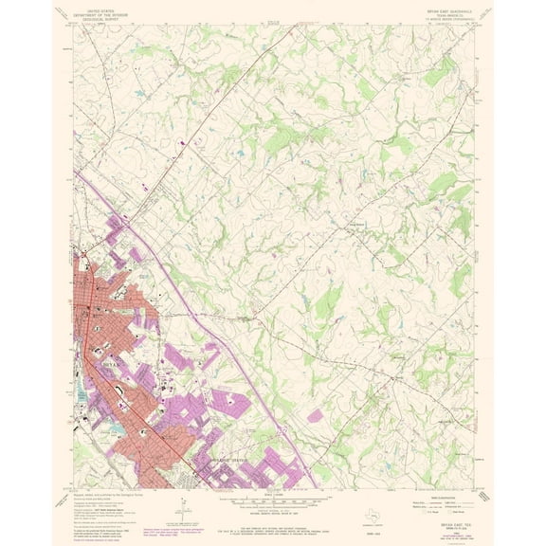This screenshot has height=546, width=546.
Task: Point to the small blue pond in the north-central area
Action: coord(239,152)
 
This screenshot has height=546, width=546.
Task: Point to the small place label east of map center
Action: coord(357,224)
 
